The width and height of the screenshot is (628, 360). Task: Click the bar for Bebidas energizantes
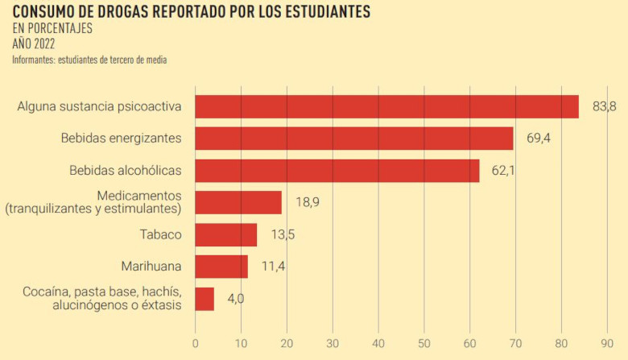pyautogui.click(x=354, y=139)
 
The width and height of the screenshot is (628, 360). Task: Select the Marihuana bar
pyautogui.click(x=221, y=267)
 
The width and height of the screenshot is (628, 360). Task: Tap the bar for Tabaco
pyautogui.click(x=226, y=234)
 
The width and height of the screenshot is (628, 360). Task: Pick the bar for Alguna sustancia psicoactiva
pyautogui.click(x=386, y=106)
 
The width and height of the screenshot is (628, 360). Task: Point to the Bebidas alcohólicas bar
pyautogui.click(x=337, y=171)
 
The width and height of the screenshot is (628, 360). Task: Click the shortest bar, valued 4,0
pyautogui.click(x=205, y=299)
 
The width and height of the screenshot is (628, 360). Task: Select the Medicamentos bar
pyautogui.click(x=238, y=202)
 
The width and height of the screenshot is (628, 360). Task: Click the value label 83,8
pyautogui.click(x=604, y=106)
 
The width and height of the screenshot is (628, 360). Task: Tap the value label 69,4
pyautogui.click(x=538, y=139)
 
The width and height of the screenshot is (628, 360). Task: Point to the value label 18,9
pyautogui.click(x=307, y=202)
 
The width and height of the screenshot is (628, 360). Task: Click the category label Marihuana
pyautogui.click(x=151, y=267)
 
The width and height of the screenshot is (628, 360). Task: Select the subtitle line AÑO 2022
pyautogui.click(x=34, y=44)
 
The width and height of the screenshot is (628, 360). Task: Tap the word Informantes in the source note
pyautogui.click(x=34, y=60)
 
